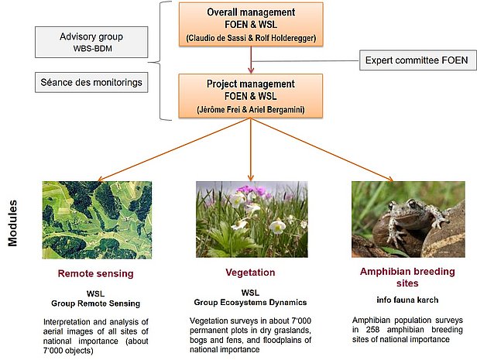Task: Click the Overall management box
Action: click(251, 24)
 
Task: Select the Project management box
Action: click(251, 96)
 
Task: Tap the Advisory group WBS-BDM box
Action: click(91, 42)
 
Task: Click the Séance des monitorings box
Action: click(91, 82)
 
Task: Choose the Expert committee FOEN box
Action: click(418, 60)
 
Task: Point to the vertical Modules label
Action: click(12, 223)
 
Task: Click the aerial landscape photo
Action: click(97, 220)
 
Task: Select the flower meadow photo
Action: click(252, 219)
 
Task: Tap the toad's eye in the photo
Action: click(412, 203)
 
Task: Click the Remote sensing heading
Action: click(95, 273)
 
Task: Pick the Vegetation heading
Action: click(250, 273)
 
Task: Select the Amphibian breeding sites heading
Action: click(407, 277)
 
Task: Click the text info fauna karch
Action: click(407, 300)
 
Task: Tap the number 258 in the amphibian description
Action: click(372, 330)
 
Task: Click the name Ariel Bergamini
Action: click(276, 109)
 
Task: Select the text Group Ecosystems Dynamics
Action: click(250, 303)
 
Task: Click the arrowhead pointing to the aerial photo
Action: click(101, 179)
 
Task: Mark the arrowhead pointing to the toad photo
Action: click(389, 179)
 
